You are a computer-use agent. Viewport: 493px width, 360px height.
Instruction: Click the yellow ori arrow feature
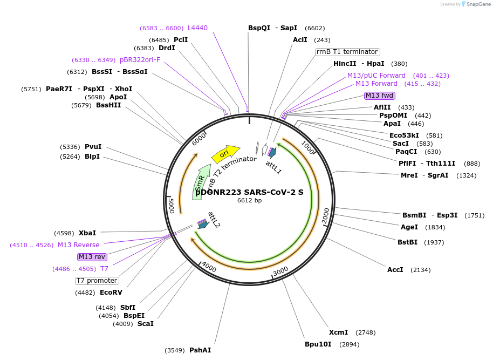pyautogui.click(x=225, y=154)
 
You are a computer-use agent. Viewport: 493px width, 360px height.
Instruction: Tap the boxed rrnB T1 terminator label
pyautogui.click(x=347, y=52)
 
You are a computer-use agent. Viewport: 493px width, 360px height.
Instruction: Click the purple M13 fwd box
pyautogui.click(x=380, y=96)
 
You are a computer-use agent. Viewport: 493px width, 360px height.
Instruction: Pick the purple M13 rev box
pyautogui.click(x=92, y=256)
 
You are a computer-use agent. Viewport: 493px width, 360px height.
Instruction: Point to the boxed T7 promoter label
pyautogui.click(x=97, y=281)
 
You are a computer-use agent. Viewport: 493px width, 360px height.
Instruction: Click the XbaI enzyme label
pyautogui.click(x=87, y=233)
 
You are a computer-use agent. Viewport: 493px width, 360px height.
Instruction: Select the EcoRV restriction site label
pyautogui.click(x=111, y=293)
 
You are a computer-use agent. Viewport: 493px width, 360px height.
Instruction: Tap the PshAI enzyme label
pyautogui.click(x=200, y=350)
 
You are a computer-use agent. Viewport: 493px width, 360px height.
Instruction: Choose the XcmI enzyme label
pyautogui.click(x=338, y=332)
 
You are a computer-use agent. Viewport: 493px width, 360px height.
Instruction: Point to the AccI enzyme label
pyautogui.click(x=395, y=269)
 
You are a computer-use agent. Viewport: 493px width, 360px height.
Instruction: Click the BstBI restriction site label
pyautogui.click(x=407, y=242)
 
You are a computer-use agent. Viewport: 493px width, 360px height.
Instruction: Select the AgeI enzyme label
pyautogui.click(x=409, y=227)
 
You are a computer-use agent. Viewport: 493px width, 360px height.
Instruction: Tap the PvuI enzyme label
pyautogui.click(x=93, y=146)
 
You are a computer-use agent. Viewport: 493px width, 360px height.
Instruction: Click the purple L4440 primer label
pyautogui.click(x=197, y=28)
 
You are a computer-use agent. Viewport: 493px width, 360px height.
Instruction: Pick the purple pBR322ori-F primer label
pyautogui.click(x=140, y=60)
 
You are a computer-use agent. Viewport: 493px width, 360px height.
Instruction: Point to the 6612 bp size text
pyautogui.click(x=249, y=200)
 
